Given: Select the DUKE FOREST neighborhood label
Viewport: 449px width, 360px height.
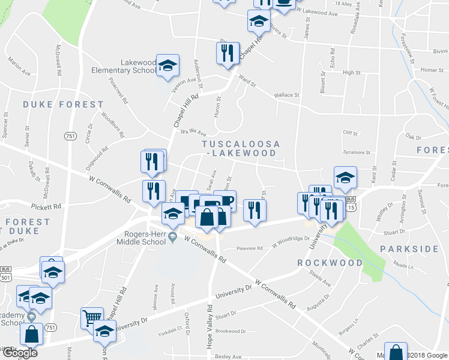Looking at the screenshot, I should pyautogui.click(x=63, y=104).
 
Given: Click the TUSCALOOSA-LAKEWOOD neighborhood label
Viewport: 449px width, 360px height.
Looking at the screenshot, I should pyautogui.click(x=240, y=149).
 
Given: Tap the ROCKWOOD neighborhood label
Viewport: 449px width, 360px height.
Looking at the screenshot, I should pyautogui.click(x=330, y=263).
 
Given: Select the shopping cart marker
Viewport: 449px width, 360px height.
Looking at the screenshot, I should pyautogui.click(x=92, y=317).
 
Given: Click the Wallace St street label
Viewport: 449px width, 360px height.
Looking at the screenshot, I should pyautogui.click(x=286, y=95).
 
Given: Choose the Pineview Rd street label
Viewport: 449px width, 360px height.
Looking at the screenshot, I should pyautogui.click(x=250, y=248).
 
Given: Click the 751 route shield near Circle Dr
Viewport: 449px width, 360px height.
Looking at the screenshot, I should pyautogui.click(x=71, y=136).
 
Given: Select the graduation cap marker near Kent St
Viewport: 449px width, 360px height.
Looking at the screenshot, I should pyautogui.click(x=345, y=177).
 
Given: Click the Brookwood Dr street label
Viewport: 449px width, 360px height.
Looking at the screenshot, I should pyautogui.click(x=231, y=331).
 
